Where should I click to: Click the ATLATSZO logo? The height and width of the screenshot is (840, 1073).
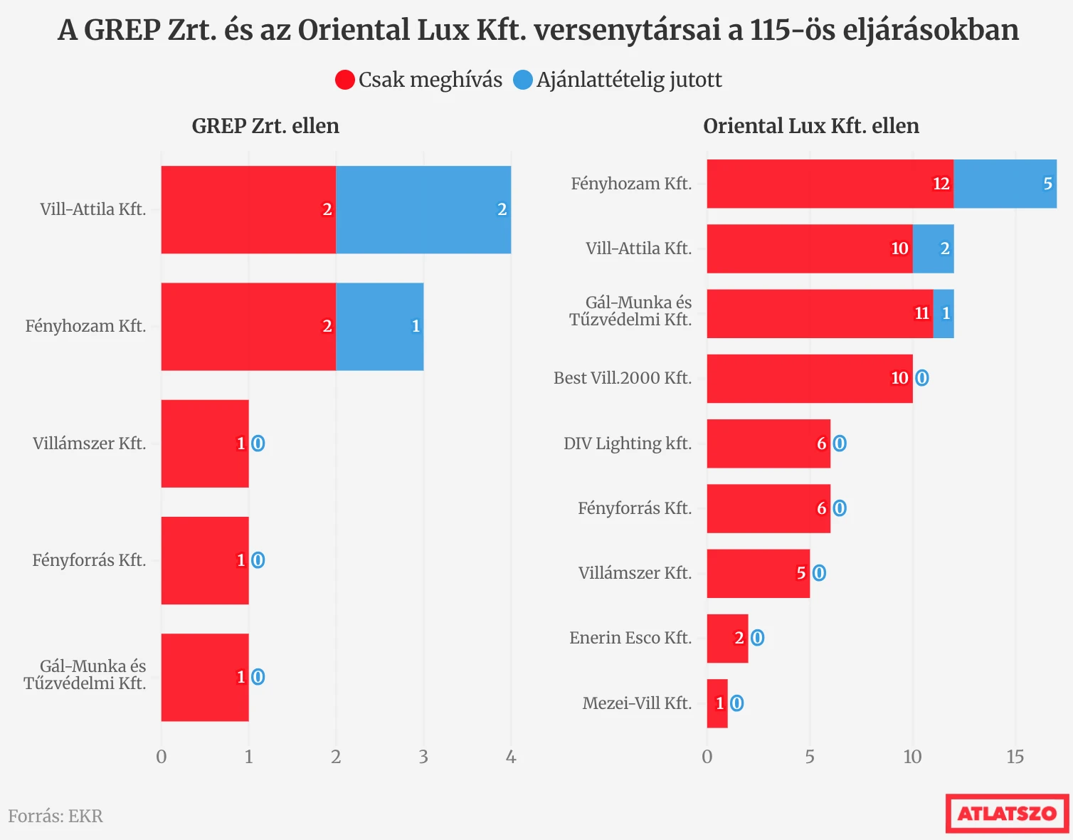[1007, 813]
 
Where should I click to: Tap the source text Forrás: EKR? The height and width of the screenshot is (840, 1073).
[55, 816]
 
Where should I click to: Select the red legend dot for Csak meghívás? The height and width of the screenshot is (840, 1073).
[345, 80]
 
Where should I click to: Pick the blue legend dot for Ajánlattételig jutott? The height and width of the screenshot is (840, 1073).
[523, 80]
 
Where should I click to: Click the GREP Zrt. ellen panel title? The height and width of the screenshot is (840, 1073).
[265, 126]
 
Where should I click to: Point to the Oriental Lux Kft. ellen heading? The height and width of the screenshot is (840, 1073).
[810, 126]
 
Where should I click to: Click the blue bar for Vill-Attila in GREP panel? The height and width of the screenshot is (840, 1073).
[423, 209]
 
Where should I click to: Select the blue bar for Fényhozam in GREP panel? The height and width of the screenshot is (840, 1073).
[380, 326]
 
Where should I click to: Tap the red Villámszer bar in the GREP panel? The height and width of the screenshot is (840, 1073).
[205, 443]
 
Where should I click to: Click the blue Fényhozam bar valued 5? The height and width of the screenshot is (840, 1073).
[1005, 184]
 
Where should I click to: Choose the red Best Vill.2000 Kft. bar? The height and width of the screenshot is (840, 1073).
[809, 378]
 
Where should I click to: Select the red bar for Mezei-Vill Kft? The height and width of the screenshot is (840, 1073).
[717, 703]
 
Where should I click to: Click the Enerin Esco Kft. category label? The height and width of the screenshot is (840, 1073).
[630, 638]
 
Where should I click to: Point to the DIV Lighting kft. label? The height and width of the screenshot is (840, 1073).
[628, 443]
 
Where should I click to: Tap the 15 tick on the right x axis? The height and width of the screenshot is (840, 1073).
[1015, 757]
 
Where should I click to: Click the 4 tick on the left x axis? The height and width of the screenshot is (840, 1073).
[511, 757]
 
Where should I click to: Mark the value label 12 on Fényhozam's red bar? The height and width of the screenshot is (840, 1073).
[941, 184]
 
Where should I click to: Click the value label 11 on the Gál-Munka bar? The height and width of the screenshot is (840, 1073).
[921, 313]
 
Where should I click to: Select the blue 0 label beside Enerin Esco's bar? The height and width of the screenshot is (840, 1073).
[757, 638]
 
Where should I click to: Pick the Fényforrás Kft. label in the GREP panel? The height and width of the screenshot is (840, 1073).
[89, 560]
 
